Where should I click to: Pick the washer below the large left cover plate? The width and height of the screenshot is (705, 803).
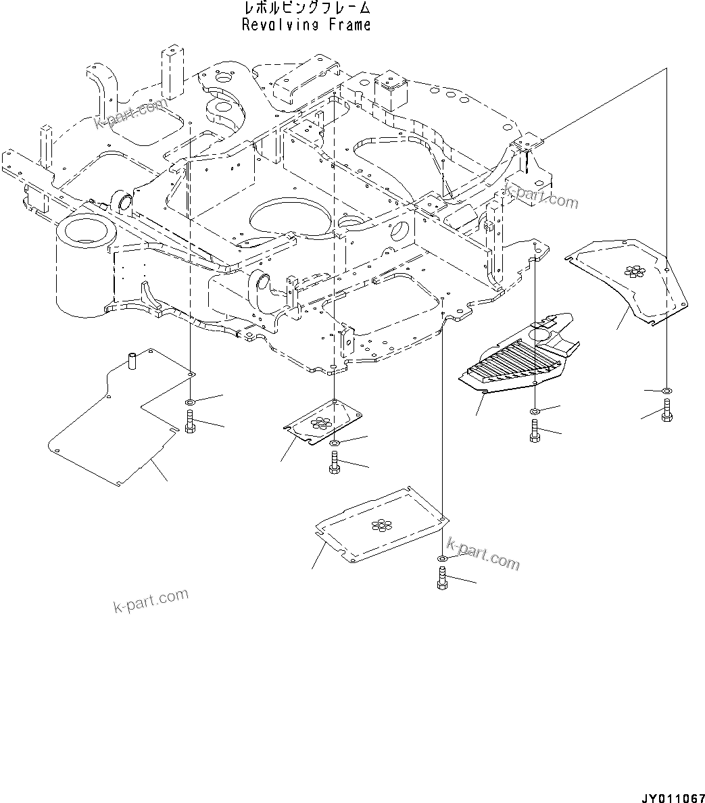pyautogui.click(x=191, y=403)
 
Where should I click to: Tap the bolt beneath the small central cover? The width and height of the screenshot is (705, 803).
pyautogui.click(x=335, y=464)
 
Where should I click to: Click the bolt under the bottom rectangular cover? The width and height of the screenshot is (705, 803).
pyautogui.click(x=442, y=579)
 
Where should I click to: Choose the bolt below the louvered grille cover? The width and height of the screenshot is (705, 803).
pyautogui.click(x=535, y=431)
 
